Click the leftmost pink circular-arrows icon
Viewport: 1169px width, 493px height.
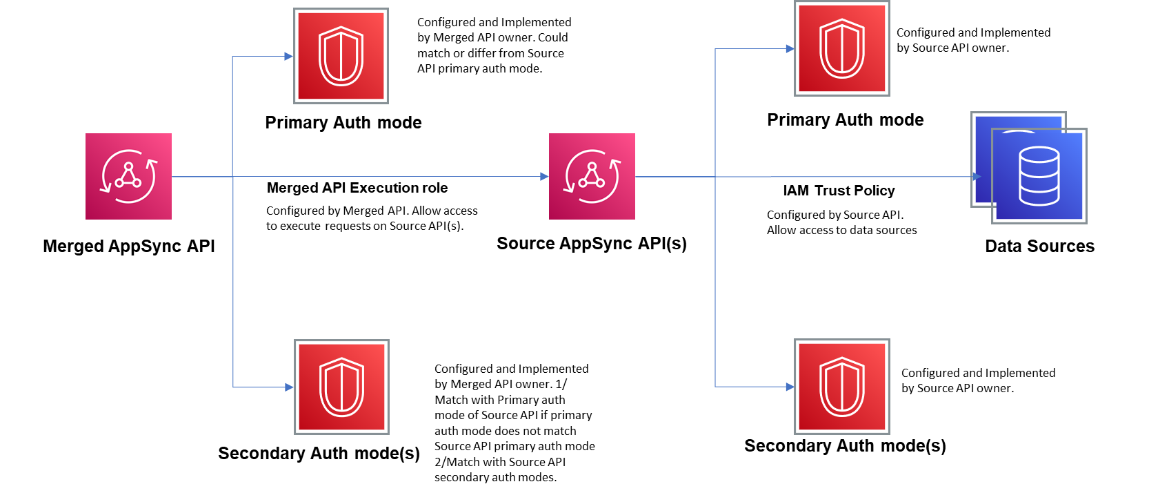pyautogui.click(x=128, y=177)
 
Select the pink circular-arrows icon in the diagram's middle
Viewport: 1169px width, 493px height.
pyautogui.click(x=592, y=177)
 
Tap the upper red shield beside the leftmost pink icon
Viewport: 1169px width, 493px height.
pyautogui.click(x=341, y=56)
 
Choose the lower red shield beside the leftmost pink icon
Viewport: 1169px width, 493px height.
pyautogui.click(x=341, y=387)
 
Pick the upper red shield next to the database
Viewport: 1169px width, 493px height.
pyautogui.click(x=841, y=48)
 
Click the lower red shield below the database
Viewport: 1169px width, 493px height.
pyautogui.click(x=841, y=387)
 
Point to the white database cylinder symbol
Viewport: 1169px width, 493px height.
pyautogui.click(x=1039, y=176)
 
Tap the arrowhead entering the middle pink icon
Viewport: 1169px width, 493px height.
pyautogui.click(x=544, y=177)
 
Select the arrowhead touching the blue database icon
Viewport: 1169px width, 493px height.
pyautogui.click(x=976, y=177)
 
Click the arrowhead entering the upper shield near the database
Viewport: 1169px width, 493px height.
pyautogui.click(x=790, y=48)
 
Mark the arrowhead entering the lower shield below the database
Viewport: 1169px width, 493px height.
pyautogui.click(x=790, y=387)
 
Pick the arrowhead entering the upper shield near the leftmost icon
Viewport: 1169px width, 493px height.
pyautogui.click(x=288, y=56)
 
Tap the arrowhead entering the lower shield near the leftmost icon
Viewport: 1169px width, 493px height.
pyautogui.click(x=289, y=387)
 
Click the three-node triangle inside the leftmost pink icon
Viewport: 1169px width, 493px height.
pyautogui.click(x=128, y=176)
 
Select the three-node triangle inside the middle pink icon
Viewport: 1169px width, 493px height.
pyautogui.click(x=592, y=176)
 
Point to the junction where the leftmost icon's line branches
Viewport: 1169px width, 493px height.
pyautogui.click(x=233, y=177)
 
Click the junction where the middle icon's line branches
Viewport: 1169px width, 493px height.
pyautogui.click(x=715, y=177)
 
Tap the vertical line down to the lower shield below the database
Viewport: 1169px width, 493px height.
pyautogui.click(x=715, y=290)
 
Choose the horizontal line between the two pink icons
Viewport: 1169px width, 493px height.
pyautogui.click(x=386, y=177)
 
